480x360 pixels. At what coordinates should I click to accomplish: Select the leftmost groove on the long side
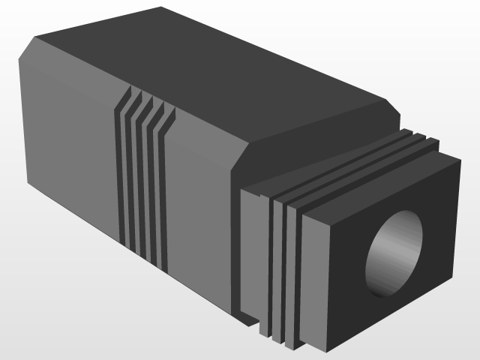[x=121, y=180]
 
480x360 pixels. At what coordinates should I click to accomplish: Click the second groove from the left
[x=135, y=184]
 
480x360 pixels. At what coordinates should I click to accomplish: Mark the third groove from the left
[x=148, y=189]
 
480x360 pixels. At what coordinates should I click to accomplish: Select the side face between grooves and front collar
[x=199, y=210]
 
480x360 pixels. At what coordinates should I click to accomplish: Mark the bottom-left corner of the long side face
[x=27, y=184]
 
